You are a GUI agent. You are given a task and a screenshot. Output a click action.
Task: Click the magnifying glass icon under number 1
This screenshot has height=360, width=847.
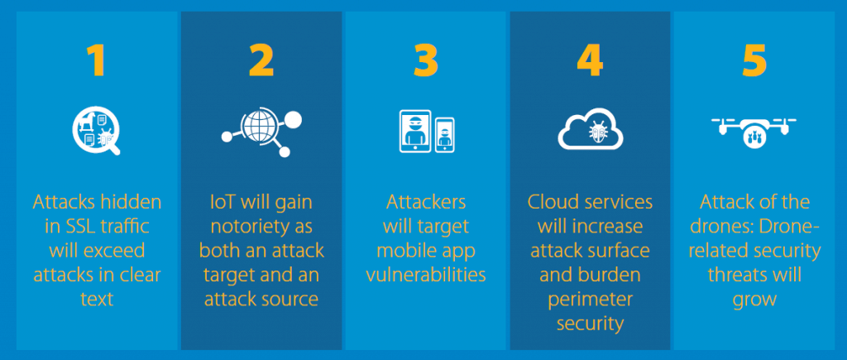click(x=96, y=130)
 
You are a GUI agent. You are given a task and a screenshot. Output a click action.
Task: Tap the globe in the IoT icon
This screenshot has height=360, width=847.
click(x=261, y=126)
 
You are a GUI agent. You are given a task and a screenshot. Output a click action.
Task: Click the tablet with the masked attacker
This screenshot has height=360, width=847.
click(x=415, y=131)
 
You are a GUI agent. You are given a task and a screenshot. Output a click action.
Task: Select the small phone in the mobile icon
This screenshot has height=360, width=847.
click(x=444, y=135)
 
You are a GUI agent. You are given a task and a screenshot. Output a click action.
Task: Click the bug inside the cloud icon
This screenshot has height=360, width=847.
click(x=597, y=131)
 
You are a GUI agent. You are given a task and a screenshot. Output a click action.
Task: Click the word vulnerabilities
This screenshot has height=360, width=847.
click(x=426, y=275)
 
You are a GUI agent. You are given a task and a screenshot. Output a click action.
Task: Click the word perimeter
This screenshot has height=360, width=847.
click(x=590, y=300)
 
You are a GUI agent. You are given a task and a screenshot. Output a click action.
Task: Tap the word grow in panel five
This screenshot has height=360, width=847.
click(x=754, y=300)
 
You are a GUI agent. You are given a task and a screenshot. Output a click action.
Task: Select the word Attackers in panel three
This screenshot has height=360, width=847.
click(x=426, y=203)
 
